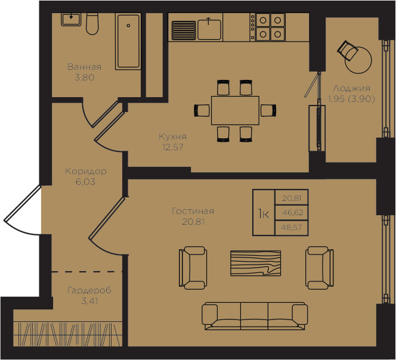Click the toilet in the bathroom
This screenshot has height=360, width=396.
point(92,24)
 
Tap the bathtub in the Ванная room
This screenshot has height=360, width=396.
point(128,41)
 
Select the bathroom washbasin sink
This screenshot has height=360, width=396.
point(71,20)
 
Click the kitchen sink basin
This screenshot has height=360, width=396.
point(209,30)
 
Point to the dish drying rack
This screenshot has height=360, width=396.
point(184,30)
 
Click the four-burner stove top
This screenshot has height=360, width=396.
point(268,27)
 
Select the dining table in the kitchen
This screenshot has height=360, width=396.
point(235,110)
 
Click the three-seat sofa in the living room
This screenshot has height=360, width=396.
point(255,316)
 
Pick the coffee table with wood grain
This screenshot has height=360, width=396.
point(256,263)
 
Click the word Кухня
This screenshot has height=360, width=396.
point(173,137)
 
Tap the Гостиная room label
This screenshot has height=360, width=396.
point(193,211)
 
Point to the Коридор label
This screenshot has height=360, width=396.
point(86,171)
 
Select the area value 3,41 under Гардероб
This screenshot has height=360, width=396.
point(89,301)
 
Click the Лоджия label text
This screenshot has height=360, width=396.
point(351,89)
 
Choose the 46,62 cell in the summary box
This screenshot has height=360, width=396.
point(292,213)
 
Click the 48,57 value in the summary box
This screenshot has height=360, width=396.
point(292,228)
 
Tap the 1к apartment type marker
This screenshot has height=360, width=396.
point(264,214)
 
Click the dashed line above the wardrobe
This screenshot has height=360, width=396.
point(87,272)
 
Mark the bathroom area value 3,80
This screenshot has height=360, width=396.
point(85,77)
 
